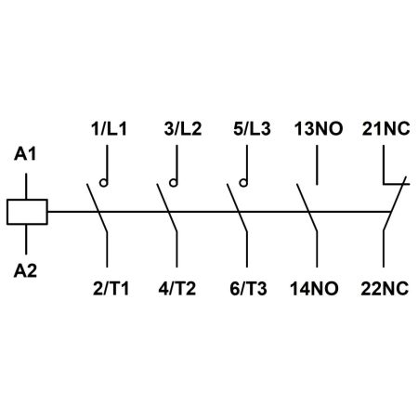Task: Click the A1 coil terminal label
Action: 25,154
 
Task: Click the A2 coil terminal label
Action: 25,270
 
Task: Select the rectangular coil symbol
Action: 27,212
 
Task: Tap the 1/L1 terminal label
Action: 109,129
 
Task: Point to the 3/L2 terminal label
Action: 183,129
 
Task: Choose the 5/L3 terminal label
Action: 252,129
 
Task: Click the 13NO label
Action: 319,129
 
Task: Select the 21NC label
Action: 386,129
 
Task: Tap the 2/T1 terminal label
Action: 111,289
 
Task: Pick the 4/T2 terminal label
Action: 177,289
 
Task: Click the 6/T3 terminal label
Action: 248,289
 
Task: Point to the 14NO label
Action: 314,289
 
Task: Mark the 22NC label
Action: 385,289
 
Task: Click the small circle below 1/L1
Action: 104,183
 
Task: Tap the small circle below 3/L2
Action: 174,183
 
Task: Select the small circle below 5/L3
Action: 243,183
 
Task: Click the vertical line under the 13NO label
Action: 317,165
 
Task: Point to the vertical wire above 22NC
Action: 384,248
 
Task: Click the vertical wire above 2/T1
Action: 107,249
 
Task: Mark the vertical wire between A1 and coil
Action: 26,186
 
